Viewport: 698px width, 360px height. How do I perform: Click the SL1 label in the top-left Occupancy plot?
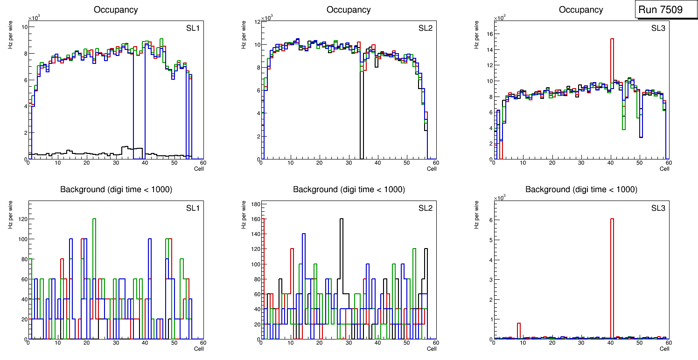[193, 28]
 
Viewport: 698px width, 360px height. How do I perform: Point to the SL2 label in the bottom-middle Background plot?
[426, 208]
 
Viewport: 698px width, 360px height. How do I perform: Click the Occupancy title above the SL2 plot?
[349, 10]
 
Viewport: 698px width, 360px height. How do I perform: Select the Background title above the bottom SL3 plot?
[581, 189]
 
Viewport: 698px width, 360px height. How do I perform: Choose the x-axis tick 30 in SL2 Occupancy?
[349, 163]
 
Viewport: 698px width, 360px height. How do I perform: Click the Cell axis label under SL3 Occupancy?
[664, 169]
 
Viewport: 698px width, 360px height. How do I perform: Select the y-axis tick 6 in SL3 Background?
[489, 220]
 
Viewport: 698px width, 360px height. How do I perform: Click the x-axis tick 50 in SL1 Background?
[174, 343]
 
